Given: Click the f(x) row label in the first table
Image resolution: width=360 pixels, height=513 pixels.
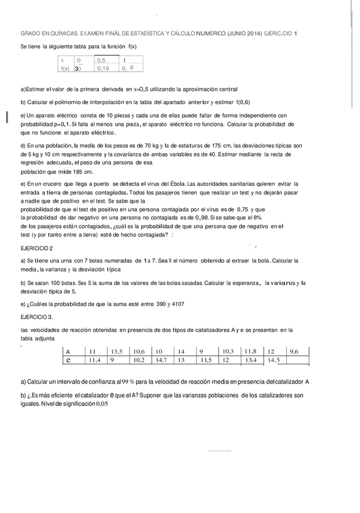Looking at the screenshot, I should [65, 69].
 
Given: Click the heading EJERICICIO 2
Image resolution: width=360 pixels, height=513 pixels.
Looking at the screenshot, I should [36, 249].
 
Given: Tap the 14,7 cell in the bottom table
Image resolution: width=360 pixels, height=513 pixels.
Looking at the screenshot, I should [160, 360].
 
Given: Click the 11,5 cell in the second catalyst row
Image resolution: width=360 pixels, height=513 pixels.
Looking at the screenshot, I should [205, 360].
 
